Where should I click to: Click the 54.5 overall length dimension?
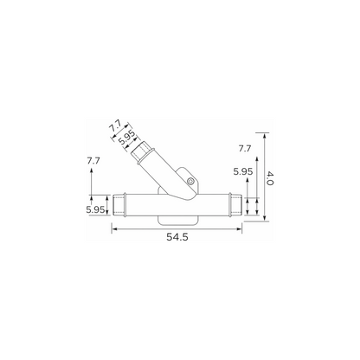[177, 237]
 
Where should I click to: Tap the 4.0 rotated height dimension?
[269, 178]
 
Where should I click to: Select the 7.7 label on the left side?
[93, 161]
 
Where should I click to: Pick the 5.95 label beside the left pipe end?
[95, 209]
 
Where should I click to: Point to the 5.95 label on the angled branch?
[126, 137]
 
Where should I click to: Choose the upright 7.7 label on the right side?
[245, 149]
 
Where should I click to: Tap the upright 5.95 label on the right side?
[243, 171]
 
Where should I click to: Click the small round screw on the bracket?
[190, 181]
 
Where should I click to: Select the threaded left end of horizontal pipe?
[119, 205]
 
